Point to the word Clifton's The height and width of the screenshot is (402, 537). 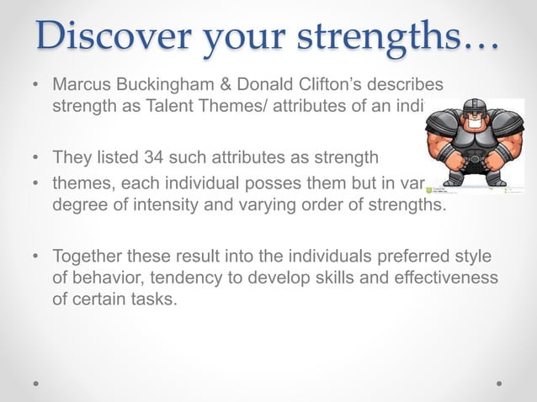coord(315,86)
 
